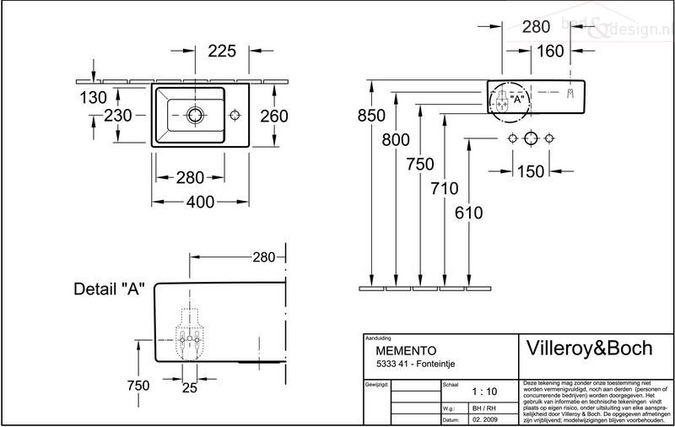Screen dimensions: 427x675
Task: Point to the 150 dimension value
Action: tap(530, 172)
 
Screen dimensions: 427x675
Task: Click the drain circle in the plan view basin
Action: tap(195, 113)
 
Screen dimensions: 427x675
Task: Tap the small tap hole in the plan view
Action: tap(234, 112)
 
